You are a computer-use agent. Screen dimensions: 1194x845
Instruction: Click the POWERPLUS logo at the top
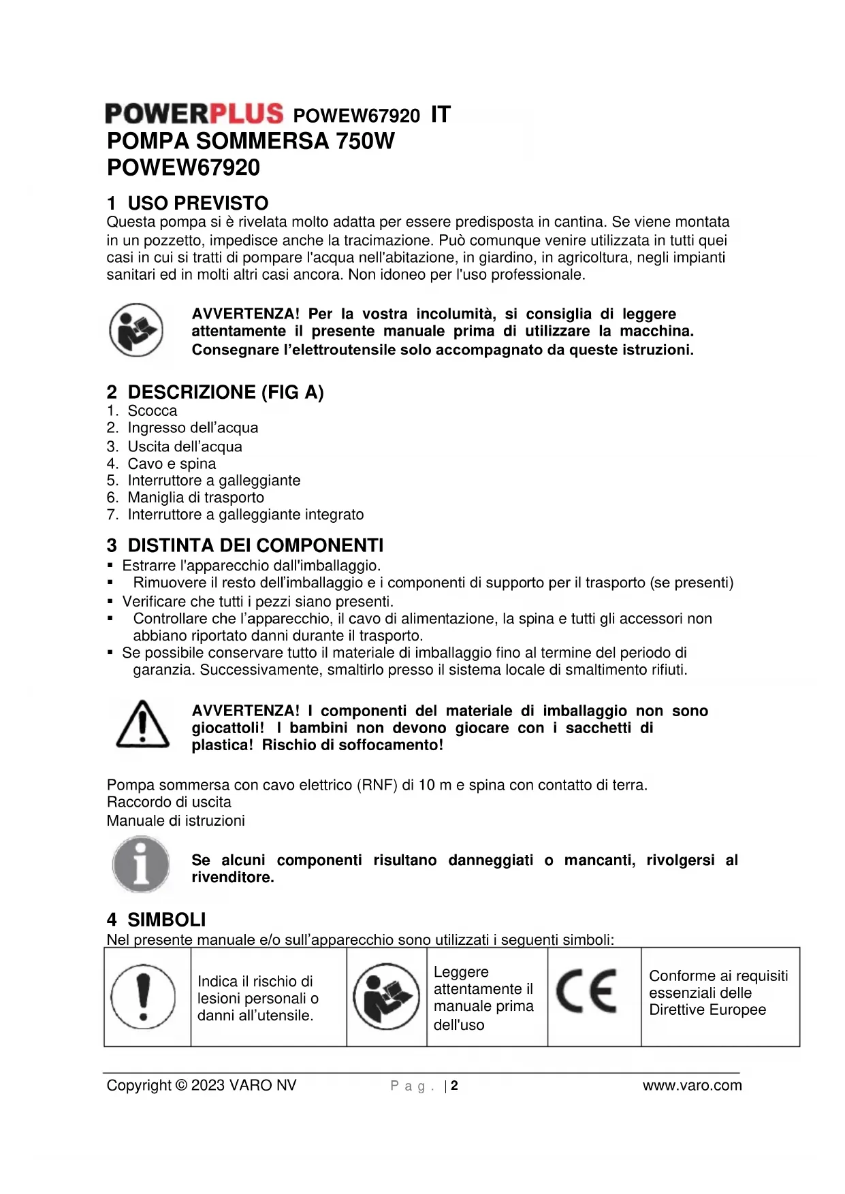coord(194,114)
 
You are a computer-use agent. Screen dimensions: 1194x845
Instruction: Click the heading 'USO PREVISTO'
coord(197,203)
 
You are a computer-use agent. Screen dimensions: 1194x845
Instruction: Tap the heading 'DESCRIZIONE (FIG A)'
coord(225,392)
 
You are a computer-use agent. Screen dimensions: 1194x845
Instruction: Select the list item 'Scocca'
coord(152,411)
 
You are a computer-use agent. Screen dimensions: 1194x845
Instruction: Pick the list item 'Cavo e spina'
coord(172,464)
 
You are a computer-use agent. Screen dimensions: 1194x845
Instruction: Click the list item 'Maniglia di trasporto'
coord(195,498)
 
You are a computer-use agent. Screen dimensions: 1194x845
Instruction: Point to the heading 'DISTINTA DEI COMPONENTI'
coord(255,545)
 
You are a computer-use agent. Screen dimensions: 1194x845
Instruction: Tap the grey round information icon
coord(141,865)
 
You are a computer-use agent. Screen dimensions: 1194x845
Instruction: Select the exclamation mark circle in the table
coord(143,996)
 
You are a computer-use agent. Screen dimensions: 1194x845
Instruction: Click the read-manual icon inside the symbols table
coord(386,996)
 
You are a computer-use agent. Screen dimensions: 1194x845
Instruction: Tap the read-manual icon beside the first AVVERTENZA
coord(136,330)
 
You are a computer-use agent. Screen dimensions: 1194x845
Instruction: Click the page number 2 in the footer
coord(454,1086)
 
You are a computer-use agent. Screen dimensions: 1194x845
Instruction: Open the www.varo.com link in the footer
coord(692,1086)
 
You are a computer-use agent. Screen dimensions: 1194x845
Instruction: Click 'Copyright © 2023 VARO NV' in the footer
coord(202,1086)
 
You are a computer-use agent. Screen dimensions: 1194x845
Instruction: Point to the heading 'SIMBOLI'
coord(166,920)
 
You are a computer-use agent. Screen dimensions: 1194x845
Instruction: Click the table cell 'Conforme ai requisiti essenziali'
coord(718,993)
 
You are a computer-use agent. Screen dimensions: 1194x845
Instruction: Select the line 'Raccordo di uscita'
coord(169,802)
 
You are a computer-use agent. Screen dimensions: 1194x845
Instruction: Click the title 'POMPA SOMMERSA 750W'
coord(251,141)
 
